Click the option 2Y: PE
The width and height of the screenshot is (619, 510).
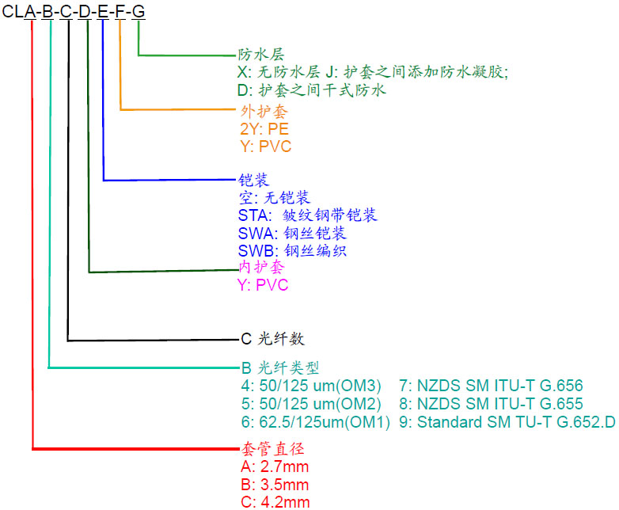(265, 129)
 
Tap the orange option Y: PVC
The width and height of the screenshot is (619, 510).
(265, 147)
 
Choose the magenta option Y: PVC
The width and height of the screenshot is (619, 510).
(263, 285)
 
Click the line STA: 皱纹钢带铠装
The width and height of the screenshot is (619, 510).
(307, 215)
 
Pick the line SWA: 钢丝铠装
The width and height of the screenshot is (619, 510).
(292, 234)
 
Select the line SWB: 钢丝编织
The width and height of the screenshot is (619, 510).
(292, 251)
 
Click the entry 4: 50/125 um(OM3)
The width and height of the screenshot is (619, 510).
(311, 386)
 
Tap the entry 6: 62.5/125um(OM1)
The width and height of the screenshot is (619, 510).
(315, 422)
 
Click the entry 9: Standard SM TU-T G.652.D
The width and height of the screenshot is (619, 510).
(507, 422)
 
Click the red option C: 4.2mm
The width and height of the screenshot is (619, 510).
(273, 501)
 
